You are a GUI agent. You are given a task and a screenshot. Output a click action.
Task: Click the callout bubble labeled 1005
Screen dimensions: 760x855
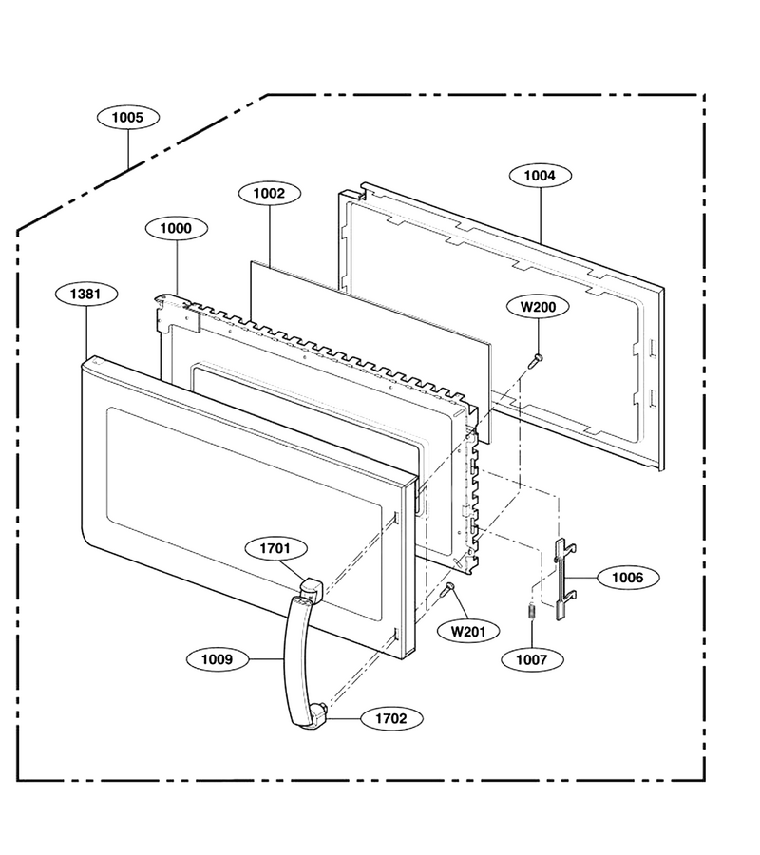[x=128, y=117]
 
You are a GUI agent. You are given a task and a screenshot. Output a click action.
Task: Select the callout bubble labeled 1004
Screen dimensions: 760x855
[x=540, y=176]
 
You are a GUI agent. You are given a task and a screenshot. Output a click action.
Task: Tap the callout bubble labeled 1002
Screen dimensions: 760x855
[x=270, y=193]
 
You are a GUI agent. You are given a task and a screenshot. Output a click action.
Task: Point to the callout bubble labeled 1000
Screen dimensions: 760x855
[x=176, y=228]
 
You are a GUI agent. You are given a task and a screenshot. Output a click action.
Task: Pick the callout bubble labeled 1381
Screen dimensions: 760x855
[x=86, y=294]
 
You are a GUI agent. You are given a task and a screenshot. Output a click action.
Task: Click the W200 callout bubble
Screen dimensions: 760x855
[x=538, y=307]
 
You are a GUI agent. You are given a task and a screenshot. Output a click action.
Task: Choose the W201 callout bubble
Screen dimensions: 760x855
[x=468, y=632]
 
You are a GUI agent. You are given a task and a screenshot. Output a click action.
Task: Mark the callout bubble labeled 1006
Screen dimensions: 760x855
[x=628, y=578]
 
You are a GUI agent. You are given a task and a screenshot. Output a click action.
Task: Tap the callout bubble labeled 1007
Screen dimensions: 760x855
[x=532, y=660]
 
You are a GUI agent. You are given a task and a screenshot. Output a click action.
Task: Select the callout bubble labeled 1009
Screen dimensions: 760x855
[x=218, y=659]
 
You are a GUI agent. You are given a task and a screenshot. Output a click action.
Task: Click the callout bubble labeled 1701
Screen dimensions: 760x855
[x=275, y=548]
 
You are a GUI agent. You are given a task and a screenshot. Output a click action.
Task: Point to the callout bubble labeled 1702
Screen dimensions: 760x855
[x=391, y=719]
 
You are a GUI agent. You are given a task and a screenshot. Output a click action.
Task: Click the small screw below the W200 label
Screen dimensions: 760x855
[x=536, y=359]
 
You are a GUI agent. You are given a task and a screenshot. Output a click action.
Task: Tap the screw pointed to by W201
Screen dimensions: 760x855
[x=448, y=588]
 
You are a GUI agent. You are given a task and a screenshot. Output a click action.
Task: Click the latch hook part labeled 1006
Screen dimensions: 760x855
[x=560, y=579]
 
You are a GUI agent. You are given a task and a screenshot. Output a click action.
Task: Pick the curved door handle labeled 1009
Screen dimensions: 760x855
[x=294, y=661]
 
